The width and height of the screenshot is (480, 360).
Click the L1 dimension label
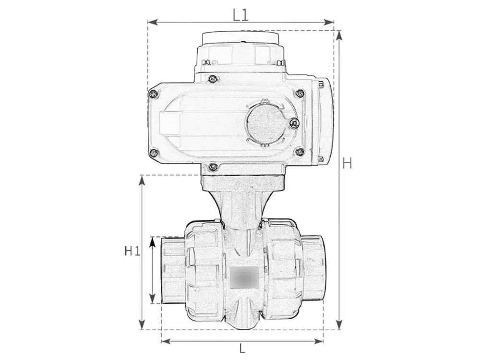(240, 15)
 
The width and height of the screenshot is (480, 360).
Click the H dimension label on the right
(347, 163)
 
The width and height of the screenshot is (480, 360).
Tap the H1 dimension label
(132, 252)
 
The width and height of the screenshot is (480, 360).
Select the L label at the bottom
(242, 348)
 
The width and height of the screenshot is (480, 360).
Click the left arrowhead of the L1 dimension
(153, 22)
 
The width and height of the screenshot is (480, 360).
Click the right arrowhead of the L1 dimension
(329, 22)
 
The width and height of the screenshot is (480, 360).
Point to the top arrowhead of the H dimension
(338, 36)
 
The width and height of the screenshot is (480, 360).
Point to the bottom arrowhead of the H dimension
(338, 324)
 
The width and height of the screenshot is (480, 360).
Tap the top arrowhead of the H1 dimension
(142, 180)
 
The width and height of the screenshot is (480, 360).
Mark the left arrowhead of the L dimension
(166, 341)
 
